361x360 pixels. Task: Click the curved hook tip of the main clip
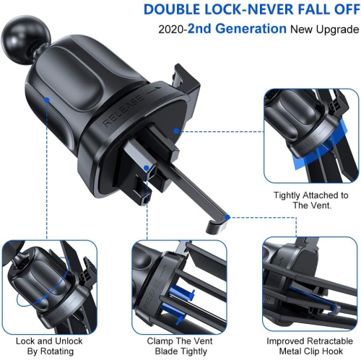point(212,225)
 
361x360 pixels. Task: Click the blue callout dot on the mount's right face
point(175,131)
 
